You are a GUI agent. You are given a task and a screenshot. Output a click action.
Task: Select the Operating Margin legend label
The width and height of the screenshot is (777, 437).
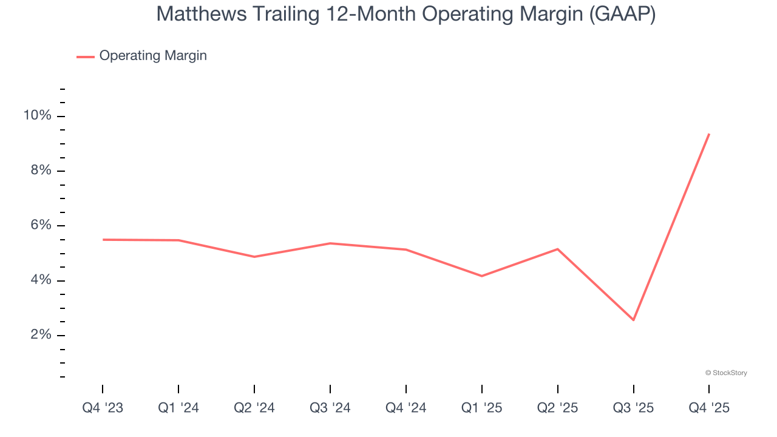[x=153, y=56]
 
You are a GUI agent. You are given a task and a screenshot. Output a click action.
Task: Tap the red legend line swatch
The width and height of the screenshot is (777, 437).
[x=86, y=56]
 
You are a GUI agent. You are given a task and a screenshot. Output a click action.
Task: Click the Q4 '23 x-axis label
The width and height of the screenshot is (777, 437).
[x=103, y=408]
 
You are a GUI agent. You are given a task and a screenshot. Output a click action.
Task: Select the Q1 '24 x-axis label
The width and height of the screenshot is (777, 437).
[x=178, y=408]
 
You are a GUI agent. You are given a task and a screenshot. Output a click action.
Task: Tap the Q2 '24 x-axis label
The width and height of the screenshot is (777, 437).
[x=254, y=408]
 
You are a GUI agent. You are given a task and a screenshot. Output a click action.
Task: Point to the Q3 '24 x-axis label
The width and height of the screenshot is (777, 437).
[x=330, y=408]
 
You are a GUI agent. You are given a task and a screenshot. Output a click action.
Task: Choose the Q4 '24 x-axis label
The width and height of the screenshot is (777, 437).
[x=406, y=408]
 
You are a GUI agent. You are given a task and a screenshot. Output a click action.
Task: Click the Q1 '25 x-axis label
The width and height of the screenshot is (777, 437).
[x=482, y=408]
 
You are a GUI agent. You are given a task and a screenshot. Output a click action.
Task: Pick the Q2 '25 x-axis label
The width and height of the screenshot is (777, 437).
[x=558, y=408]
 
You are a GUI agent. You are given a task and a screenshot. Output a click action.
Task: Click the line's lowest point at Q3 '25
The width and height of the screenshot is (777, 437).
[x=634, y=320]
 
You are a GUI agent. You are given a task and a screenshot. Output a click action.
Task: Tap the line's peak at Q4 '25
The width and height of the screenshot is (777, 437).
[x=709, y=134]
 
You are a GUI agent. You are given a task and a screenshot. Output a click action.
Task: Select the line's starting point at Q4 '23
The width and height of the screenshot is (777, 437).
[x=103, y=240]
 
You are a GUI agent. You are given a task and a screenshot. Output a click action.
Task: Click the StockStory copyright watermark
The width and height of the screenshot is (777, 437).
[x=726, y=373]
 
